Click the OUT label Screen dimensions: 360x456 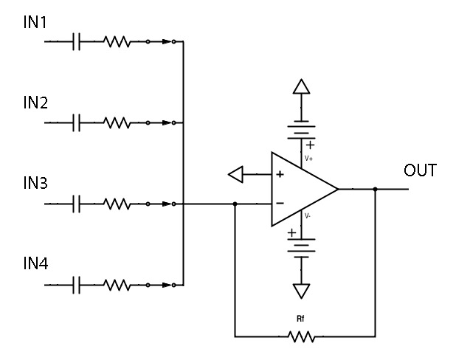point(420,171)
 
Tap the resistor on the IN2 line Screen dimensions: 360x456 point(117,122)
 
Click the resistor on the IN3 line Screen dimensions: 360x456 point(117,203)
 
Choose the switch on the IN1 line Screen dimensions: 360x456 point(161,42)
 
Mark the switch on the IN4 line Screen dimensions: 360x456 point(161,284)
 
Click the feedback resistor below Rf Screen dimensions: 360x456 point(301,337)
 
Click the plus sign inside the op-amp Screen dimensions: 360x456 point(280,175)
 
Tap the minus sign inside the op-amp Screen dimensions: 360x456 point(280,203)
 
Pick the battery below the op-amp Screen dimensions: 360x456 point(300,248)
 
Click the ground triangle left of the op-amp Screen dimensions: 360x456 point(235,175)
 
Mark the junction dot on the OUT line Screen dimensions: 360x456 point(376,190)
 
